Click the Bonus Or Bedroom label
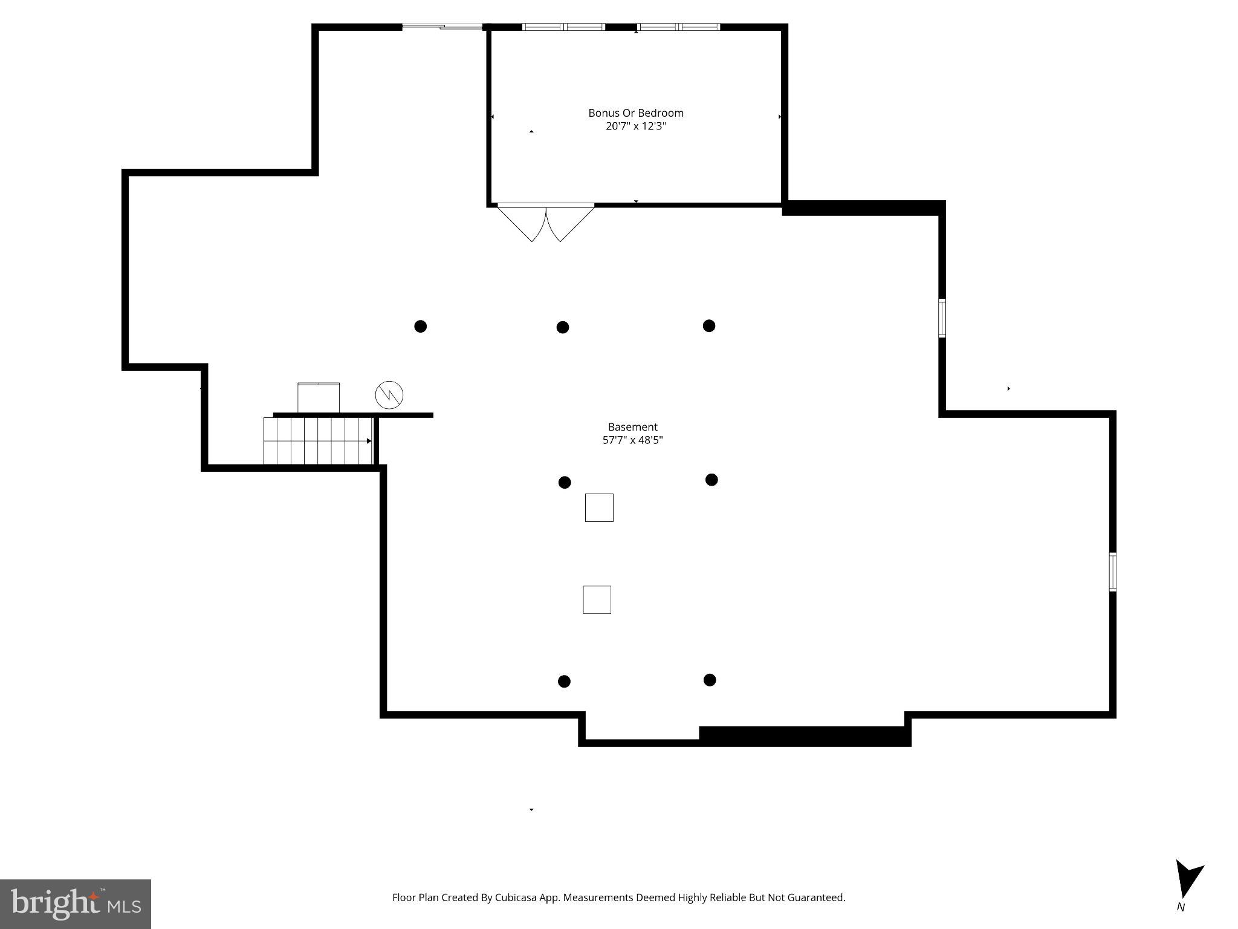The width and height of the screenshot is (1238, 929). click(635, 113)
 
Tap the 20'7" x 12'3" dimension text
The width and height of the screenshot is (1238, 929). click(635, 126)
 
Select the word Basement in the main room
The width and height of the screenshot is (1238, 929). click(632, 427)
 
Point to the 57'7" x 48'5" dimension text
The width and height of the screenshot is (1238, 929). click(632, 440)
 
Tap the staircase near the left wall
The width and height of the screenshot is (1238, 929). click(318, 441)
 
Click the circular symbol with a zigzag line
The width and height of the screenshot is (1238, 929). click(389, 395)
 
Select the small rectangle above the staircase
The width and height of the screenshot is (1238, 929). click(319, 398)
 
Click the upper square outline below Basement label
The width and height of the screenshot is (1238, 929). click(599, 507)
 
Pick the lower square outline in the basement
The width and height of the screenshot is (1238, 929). click(597, 599)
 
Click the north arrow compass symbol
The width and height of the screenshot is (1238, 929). click(1187, 881)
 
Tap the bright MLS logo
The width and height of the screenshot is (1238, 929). click(76, 904)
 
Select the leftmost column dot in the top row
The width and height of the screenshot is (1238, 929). click(421, 327)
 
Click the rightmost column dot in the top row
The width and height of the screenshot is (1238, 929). click(709, 326)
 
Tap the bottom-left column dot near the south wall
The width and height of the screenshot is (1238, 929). click(564, 682)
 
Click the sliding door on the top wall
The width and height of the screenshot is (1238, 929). click(442, 27)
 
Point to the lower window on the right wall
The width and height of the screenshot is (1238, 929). click(1112, 572)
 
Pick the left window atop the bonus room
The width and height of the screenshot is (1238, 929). click(563, 27)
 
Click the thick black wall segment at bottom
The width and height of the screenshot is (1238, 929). click(804, 735)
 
